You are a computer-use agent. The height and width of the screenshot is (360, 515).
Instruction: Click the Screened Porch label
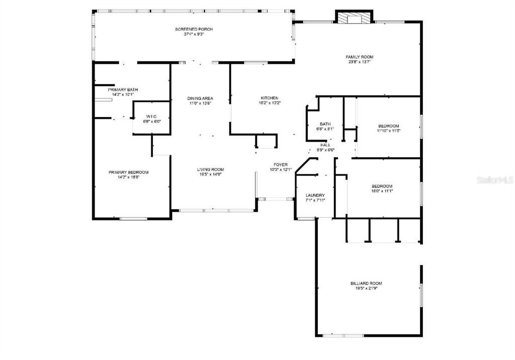pos(194,29)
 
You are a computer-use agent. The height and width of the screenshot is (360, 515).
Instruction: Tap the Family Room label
pos(359,57)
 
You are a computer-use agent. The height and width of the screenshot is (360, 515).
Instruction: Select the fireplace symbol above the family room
pos(354,18)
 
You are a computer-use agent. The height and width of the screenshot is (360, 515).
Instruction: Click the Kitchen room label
pos(269,98)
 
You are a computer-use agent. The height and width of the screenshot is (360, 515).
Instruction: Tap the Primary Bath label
pos(123,89)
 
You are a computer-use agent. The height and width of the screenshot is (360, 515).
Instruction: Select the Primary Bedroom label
pos(128,172)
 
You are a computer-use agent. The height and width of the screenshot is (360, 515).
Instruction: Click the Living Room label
pos(210,169)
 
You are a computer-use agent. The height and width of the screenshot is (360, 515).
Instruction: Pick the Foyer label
pos(280,164)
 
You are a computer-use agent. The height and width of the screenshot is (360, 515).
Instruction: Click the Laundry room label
pos(315,195)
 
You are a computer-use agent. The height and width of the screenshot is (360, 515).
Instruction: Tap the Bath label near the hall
pos(325,124)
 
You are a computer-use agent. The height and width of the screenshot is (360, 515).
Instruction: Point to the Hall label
pos(325,145)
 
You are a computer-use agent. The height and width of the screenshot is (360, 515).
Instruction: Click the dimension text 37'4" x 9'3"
pos(194,34)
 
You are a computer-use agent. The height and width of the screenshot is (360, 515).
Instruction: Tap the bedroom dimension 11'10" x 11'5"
pos(388,131)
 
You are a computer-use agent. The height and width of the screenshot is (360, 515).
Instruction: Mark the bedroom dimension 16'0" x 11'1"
pos(382,191)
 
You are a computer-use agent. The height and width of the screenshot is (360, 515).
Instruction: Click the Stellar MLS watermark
pos(494,179)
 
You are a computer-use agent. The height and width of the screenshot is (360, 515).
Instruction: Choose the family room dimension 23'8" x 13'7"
pos(359,62)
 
